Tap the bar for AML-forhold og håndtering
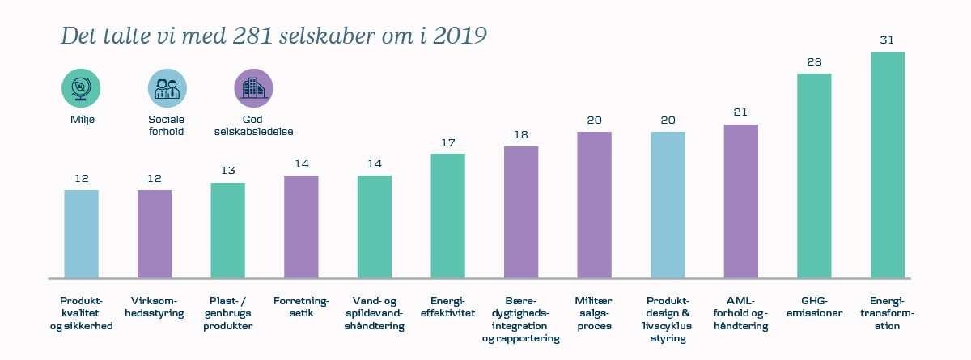pos(740,201)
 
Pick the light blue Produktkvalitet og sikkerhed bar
pos(81,234)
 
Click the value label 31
pos(887,40)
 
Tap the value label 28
pos(814,61)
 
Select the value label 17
pos(447,142)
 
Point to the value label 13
pos(227,171)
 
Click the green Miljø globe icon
pos(81,87)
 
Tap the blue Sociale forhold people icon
pos(167,87)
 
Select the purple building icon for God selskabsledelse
pos(253,87)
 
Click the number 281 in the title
pos(257,36)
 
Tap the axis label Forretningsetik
pos(301,307)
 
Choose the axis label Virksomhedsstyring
pos(154,307)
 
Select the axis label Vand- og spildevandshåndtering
pos(374,313)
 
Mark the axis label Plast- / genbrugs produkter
pos(227,313)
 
